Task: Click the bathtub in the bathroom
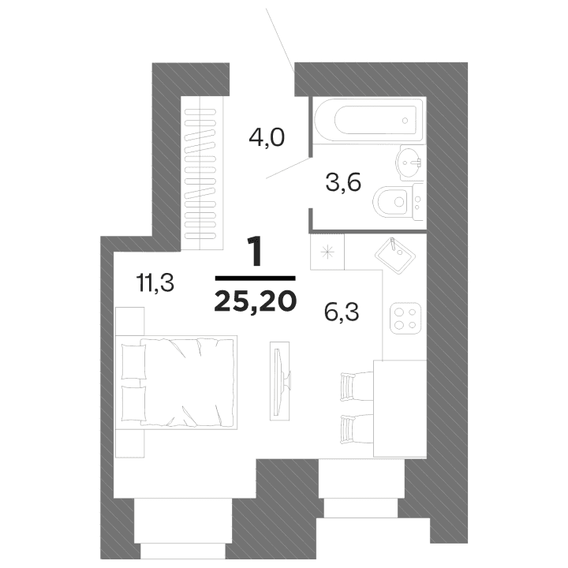pyautogui.click(x=367, y=121)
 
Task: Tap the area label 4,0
pyautogui.click(x=266, y=138)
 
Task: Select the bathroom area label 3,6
pyautogui.click(x=343, y=184)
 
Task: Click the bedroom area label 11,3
pyautogui.click(x=155, y=282)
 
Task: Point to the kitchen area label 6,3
pyautogui.click(x=342, y=313)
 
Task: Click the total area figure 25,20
pyautogui.click(x=254, y=300)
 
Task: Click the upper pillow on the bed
pyautogui.click(x=133, y=361)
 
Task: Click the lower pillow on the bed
pyautogui.click(x=133, y=403)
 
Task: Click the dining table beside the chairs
pyautogui.click(x=399, y=407)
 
